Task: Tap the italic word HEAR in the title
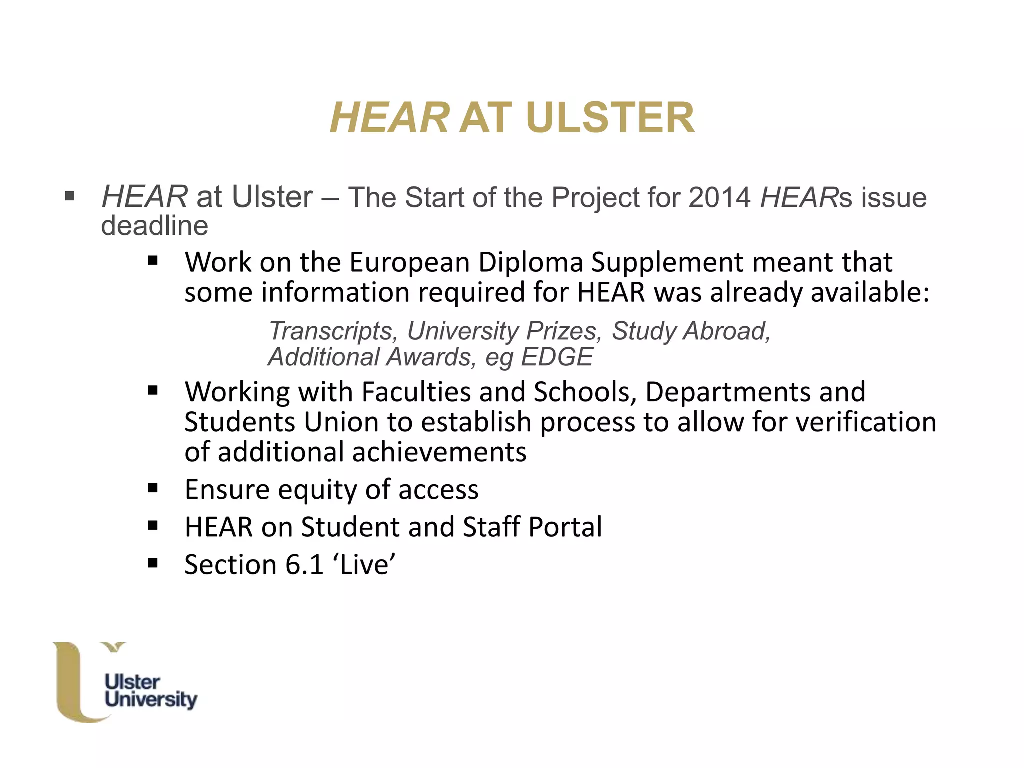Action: pos(389,118)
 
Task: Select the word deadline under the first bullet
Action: pos(154,226)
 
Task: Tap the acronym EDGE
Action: pos(556,357)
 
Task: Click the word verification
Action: pos(866,422)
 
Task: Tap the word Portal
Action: pos(565,527)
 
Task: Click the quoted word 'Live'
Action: pos(367,565)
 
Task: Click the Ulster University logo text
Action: pos(150,691)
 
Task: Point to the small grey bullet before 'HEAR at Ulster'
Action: pos(69,196)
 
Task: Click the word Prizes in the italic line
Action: pos(564,331)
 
